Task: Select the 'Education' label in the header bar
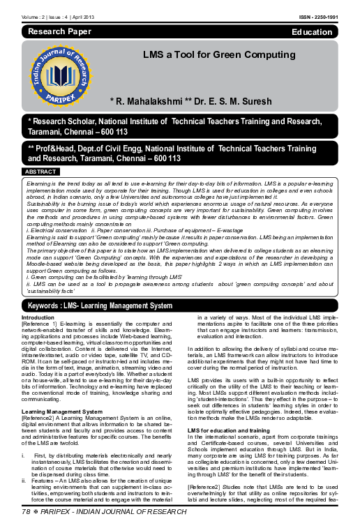click(312, 32)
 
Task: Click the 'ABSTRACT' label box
click(40, 171)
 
